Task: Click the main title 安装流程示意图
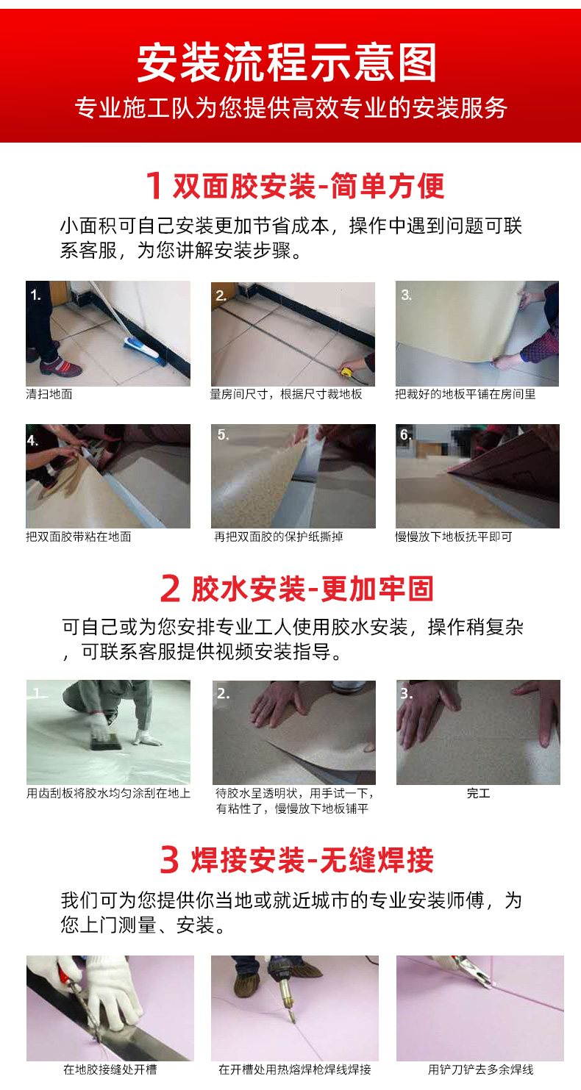click(x=287, y=63)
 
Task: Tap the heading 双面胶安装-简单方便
click(x=309, y=186)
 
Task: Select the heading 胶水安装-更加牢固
click(x=312, y=588)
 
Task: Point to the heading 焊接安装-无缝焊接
click(x=312, y=861)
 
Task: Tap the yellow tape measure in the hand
click(x=347, y=372)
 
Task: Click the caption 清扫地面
click(x=49, y=394)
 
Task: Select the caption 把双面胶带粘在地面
click(x=79, y=537)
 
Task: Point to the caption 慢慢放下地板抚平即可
click(x=454, y=537)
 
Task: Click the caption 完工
click(x=478, y=794)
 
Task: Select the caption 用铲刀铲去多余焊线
click(x=481, y=1069)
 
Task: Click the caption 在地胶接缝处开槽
click(x=110, y=1069)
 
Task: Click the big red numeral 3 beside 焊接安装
click(x=169, y=861)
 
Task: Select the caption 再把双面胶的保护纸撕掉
click(x=279, y=537)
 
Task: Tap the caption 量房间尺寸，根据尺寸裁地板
click(x=286, y=394)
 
